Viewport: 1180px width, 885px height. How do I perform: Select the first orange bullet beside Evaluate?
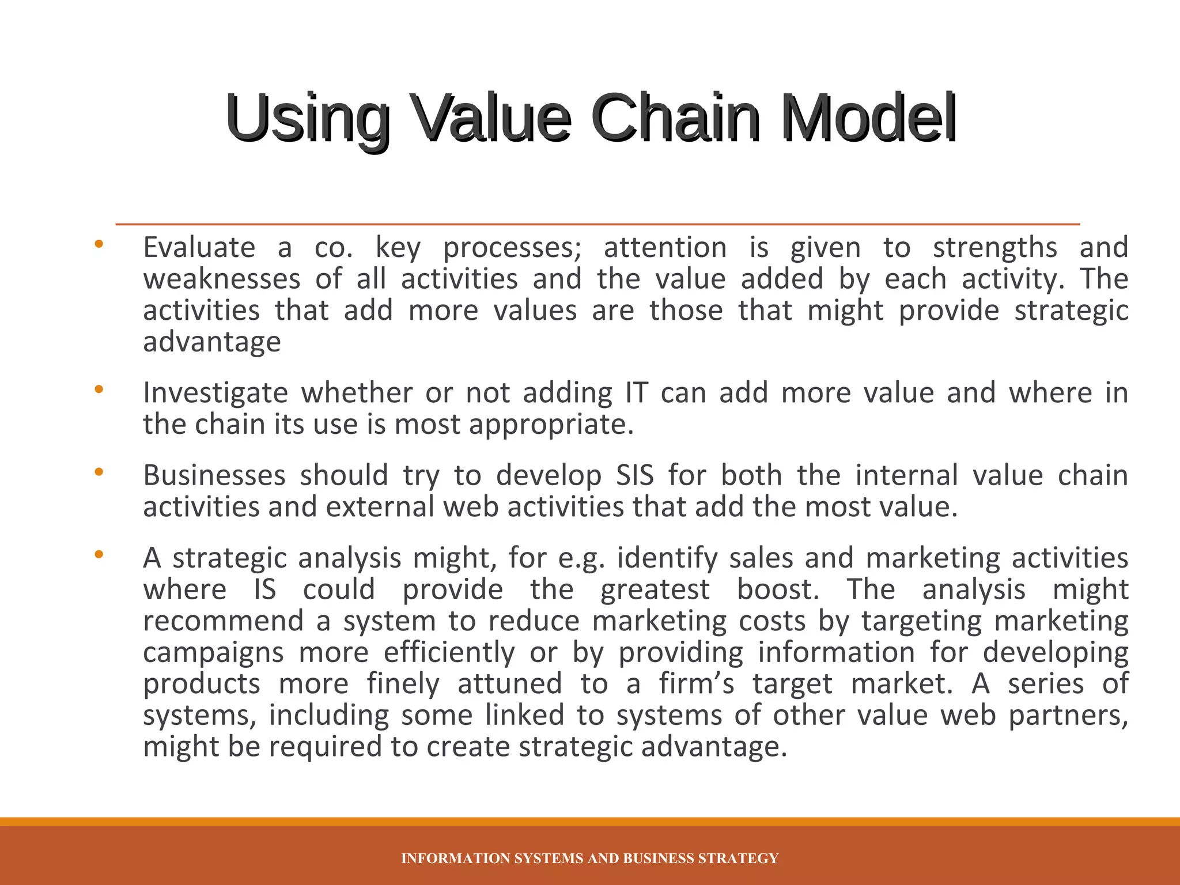(x=99, y=244)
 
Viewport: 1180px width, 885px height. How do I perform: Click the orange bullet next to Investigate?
(x=99, y=389)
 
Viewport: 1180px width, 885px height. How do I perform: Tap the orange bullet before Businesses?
(x=99, y=472)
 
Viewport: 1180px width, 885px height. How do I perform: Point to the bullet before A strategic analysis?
(x=99, y=555)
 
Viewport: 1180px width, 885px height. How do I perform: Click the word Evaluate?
(x=199, y=248)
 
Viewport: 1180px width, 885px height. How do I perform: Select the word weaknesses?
(x=222, y=279)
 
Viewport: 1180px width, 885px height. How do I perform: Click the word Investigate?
(x=215, y=394)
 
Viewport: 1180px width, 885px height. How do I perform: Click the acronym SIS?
(x=634, y=476)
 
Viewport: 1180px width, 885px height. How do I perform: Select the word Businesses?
(x=214, y=476)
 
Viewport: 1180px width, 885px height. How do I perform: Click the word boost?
(x=777, y=590)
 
